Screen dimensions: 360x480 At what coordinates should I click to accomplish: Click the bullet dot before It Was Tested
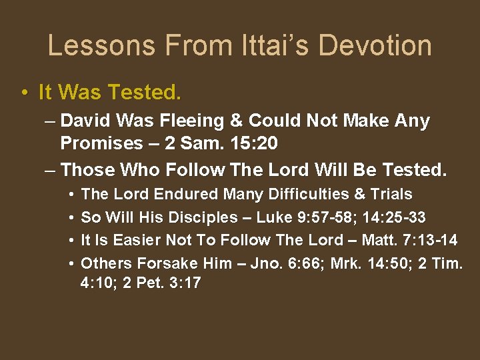(24, 92)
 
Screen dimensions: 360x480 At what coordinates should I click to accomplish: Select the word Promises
(101, 143)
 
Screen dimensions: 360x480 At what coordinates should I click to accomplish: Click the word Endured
(188, 195)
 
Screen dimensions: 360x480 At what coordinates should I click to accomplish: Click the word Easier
(136, 240)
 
